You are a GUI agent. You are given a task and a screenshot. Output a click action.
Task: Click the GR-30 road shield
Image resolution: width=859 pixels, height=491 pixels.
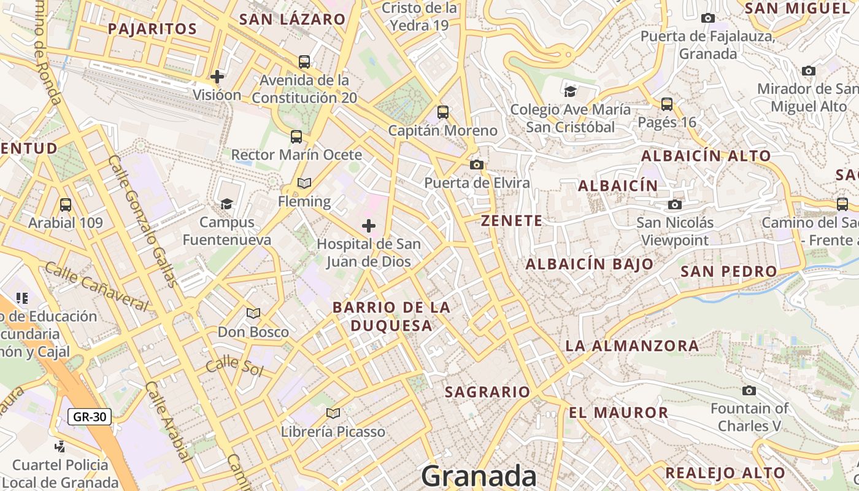pos(90,417)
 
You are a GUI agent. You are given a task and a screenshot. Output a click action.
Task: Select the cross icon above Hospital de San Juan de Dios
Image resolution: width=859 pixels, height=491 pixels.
pos(369,226)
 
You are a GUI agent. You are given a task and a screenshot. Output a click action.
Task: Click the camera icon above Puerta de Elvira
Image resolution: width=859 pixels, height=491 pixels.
pos(476,164)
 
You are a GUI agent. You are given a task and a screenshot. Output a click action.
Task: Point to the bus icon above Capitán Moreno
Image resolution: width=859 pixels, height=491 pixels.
pos(443,112)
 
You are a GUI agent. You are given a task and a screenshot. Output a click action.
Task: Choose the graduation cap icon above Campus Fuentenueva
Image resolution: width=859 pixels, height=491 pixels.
pos(227,204)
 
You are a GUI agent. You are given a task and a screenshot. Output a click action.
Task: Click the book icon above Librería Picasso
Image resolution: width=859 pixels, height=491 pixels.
pos(333,413)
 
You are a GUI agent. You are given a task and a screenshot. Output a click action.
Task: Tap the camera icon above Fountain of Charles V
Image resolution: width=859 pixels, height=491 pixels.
pos(749,390)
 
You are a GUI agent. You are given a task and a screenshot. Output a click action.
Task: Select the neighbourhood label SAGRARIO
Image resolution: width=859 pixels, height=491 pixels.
pos(487,392)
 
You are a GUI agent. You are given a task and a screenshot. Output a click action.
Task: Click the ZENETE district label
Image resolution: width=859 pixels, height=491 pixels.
pos(512,221)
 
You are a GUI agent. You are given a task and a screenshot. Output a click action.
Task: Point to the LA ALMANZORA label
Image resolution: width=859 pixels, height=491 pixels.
pos(632,346)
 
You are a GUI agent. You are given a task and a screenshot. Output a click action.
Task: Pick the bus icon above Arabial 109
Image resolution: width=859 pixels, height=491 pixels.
pos(66,204)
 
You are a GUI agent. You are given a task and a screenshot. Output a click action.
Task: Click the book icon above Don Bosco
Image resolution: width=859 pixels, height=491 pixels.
pos(253,314)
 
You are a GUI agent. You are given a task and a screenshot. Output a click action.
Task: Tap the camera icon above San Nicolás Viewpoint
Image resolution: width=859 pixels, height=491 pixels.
pos(675,204)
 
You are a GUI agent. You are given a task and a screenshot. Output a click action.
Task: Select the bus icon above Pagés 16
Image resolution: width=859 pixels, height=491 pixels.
pos(667,104)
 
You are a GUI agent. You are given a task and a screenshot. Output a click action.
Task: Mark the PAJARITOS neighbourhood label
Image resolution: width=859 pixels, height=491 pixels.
pos(152,29)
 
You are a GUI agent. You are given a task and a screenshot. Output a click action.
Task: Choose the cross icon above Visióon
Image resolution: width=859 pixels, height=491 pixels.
pos(217,77)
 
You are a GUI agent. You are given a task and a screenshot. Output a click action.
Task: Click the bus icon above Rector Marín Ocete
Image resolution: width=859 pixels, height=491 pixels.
pos(296,136)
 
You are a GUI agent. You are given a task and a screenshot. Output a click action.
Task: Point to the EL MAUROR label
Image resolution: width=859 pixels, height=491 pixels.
pos(618,412)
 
